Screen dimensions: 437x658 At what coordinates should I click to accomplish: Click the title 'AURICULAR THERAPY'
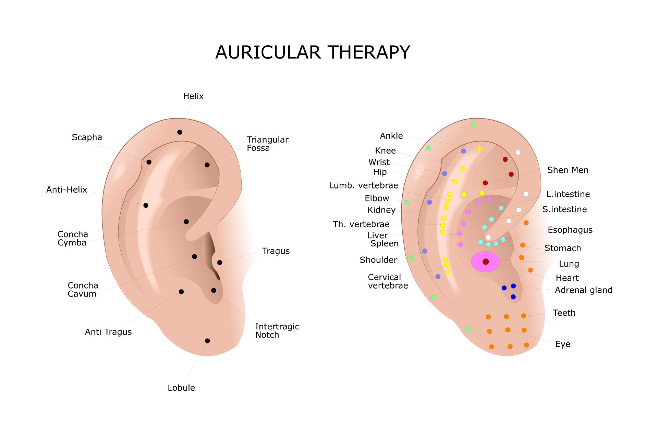(x=312, y=52)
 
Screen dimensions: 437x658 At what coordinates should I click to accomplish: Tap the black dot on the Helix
(x=180, y=132)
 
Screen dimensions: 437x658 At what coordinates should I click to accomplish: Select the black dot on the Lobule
(x=207, y=341)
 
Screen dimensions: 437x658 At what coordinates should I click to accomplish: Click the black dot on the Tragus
(x=220, y=263)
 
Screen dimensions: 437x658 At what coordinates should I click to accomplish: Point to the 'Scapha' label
(x=87, y=137)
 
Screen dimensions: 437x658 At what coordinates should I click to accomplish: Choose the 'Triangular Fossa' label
(x=267, y=144)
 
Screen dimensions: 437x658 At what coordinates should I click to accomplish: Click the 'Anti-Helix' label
(x=67, y=190)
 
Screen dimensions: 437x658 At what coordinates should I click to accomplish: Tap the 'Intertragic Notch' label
(x=277, y=331)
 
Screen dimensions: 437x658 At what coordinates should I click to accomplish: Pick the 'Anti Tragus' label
(x=108, y=332)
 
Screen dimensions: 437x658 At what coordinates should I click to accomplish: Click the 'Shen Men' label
(x=568, y=170)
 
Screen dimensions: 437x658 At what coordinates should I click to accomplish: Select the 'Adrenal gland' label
(x=583, y=290)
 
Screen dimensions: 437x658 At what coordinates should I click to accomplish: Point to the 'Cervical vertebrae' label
(x=388, y=281)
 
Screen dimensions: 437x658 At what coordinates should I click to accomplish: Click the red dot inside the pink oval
(x=486, y=262)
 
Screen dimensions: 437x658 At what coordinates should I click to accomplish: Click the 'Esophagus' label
(x=570, y=230)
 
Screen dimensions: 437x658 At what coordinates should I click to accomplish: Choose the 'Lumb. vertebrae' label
(x=363, y=186)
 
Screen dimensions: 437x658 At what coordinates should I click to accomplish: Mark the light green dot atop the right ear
(x=474, y=124)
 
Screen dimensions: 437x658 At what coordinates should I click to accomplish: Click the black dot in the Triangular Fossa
(x=207, y=165)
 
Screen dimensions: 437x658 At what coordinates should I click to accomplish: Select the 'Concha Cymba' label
(x=73, y=239)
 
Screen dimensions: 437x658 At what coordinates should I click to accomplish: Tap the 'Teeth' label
(x=564, y=313)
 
